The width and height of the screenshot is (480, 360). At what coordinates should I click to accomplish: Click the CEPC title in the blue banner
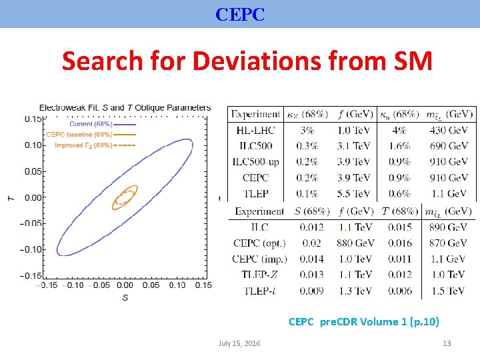240,14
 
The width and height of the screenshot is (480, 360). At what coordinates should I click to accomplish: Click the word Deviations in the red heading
257,61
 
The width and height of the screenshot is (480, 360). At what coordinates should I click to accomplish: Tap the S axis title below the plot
125,298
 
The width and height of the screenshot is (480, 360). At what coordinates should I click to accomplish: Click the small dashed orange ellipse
124,197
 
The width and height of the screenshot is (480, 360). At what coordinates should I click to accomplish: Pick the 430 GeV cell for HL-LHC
448,130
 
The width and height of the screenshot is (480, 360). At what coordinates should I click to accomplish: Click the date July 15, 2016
239,343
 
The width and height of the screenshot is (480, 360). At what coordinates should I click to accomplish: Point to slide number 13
447,343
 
